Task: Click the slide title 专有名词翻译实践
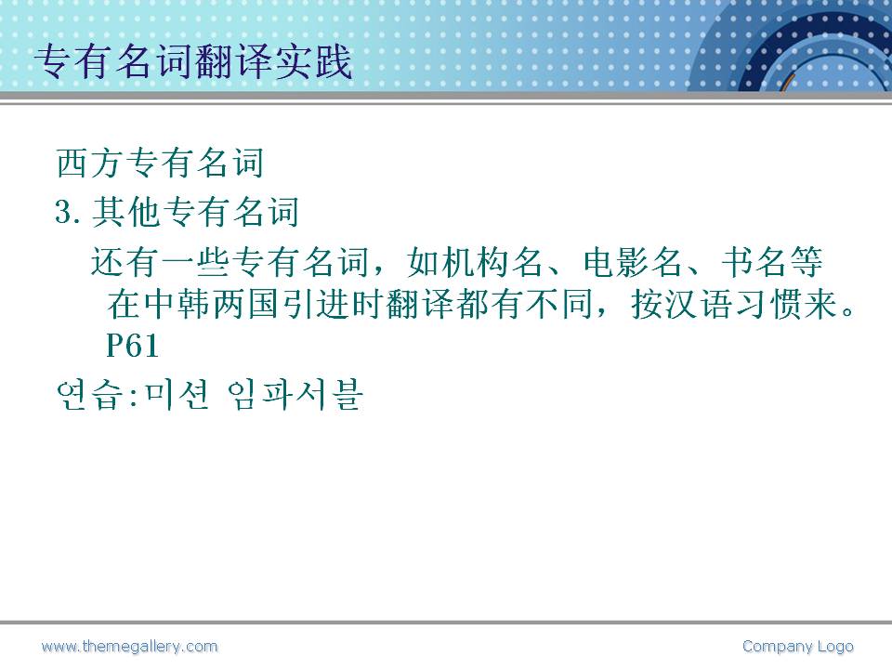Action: (x=193, y=61)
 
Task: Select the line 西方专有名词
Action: (x=161, y=163)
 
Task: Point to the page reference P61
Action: (x=132, y=346)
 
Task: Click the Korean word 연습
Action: (x=90, y=395)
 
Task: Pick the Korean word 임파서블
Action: (x=295, y=395)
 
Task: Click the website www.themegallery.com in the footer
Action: (x=130, y=647)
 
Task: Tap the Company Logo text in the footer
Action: (x=797, y=647)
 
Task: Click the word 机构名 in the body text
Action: (x=475, y=262)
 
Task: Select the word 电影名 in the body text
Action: (x=633, y=262)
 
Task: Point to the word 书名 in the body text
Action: (x=754, y=262)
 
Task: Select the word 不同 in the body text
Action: (x=559, y=305)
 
